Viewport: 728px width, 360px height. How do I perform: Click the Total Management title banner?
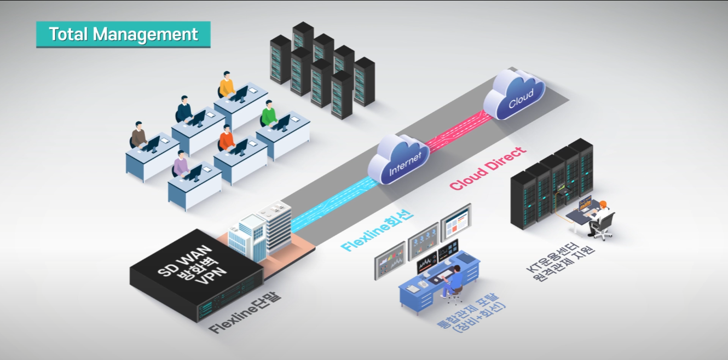click(x=123, y=34)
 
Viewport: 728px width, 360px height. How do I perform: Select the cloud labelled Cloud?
click(x=514, y=95)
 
